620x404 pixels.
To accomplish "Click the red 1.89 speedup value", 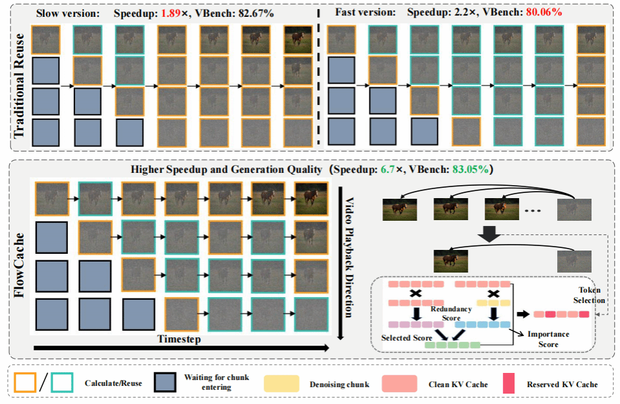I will (x=179, y=12).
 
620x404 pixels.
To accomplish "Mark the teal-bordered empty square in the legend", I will (x=62, y=383).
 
